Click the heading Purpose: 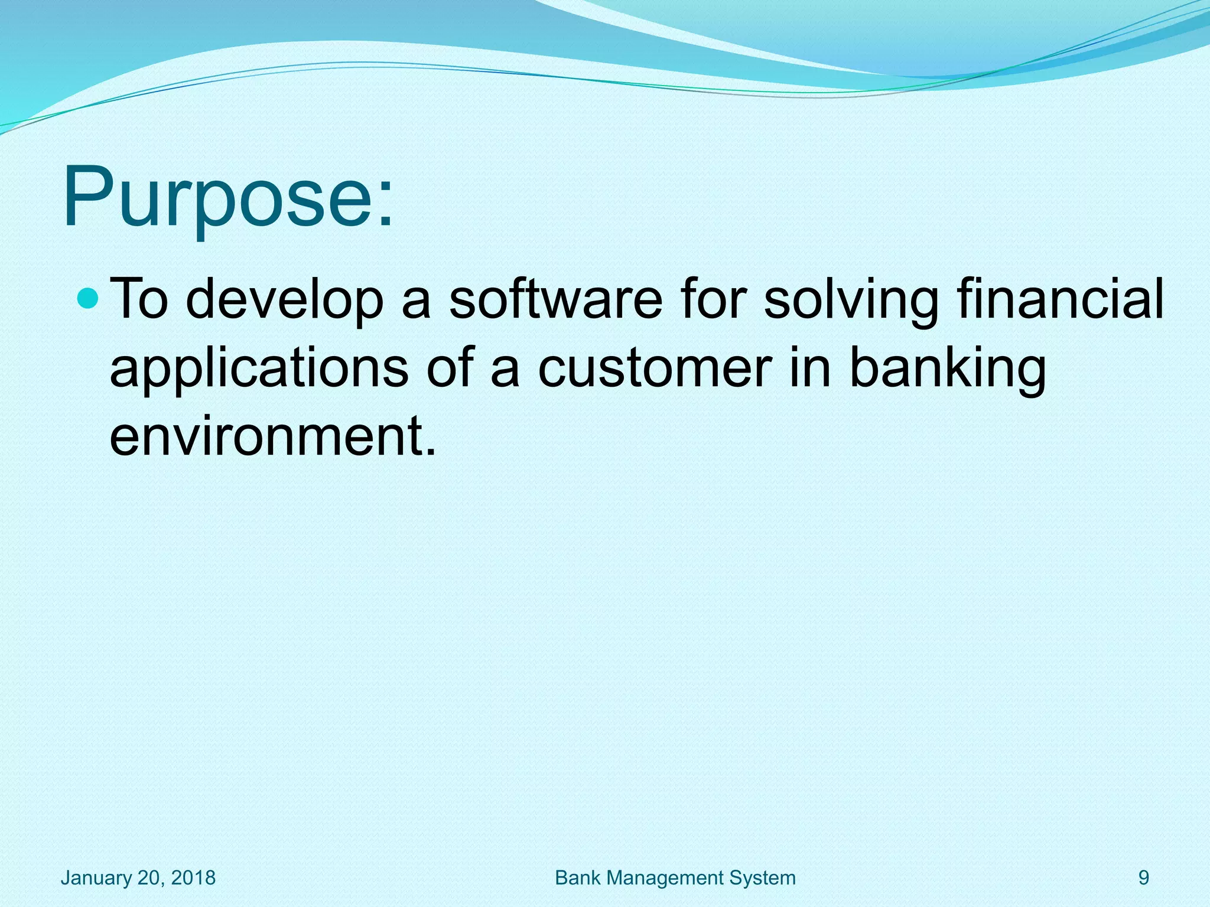click(227, 198)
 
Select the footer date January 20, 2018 click(138, 877)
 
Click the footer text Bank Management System click(675, 877)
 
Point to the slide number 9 click(1144, 877)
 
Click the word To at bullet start click(139, 299)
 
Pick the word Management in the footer click(666, 877)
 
